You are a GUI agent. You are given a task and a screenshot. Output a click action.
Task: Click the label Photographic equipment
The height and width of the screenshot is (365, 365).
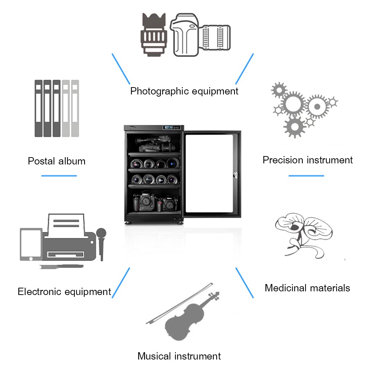(x=184, y=91)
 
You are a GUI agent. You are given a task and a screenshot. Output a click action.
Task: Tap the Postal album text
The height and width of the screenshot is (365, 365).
(x=57, y=161)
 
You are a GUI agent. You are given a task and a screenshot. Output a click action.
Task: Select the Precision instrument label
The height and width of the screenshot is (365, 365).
(x=307, y=160)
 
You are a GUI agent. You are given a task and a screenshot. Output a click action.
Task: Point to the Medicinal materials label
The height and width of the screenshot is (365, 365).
(x=307, y=288)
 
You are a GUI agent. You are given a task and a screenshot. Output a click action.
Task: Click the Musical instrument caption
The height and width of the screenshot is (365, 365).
(x=179, y=356)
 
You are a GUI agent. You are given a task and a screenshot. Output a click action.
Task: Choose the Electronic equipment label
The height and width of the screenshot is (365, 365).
(x=64, y=292)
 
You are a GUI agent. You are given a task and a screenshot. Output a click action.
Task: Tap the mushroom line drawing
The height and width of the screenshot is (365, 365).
(x=304, y=235)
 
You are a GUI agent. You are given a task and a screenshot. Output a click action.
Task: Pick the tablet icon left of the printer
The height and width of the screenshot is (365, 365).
(x=31, y=244)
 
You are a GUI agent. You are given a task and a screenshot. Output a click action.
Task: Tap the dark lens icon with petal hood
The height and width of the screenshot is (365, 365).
(x=154, y=35)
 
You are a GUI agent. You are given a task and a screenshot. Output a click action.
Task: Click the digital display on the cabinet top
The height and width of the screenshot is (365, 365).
(x=171, y=127)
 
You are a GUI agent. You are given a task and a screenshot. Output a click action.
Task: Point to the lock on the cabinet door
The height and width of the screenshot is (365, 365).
(x=235, y=175)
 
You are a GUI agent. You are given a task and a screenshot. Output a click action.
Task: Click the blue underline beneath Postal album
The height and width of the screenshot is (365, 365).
(x=59, y=176)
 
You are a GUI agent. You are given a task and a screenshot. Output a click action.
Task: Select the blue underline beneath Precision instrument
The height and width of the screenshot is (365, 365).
(x=306, y=176)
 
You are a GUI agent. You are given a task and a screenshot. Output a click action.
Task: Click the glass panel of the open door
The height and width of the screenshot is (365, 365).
(x=209, y=174)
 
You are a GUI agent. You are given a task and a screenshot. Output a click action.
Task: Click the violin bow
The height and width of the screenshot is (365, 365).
(x=179, y=303)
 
